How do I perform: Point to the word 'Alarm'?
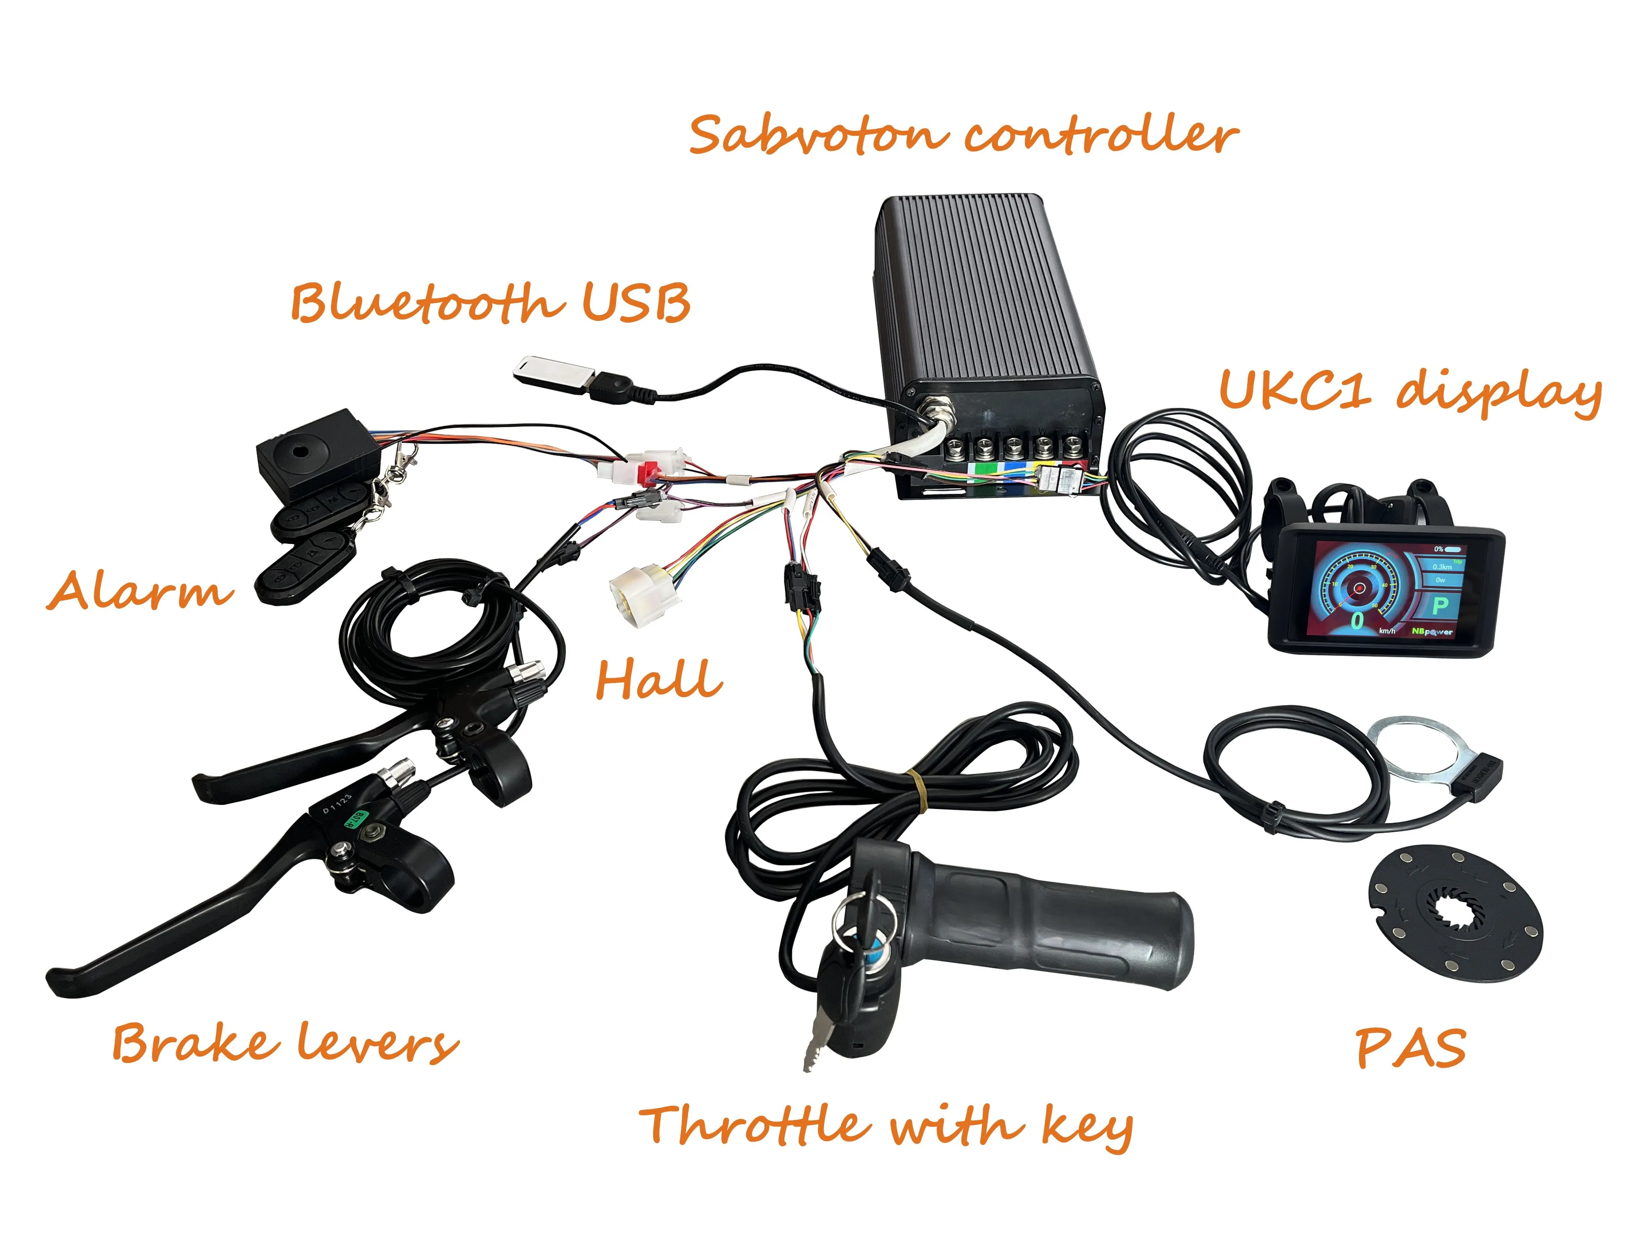click(140, 591)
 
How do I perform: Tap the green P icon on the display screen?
click(1440, 606)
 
